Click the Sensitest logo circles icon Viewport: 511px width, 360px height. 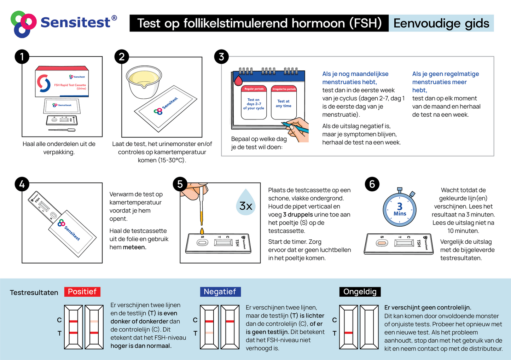coord(23,24)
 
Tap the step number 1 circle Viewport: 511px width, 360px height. coord(22,57)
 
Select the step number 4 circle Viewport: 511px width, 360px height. coord(22,184)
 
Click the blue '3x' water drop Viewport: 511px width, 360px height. coord(246,203)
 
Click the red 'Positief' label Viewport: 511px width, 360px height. coord(82,292)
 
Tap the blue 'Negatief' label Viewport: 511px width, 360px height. coord(220,292)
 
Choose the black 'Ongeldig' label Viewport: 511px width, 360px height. coord(360,292)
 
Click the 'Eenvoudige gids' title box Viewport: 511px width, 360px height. coord(441,23)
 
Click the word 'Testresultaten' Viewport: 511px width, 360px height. coord(34,292)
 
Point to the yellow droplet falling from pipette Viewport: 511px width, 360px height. coord(202,231)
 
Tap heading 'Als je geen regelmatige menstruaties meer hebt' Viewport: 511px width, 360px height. coord(445,82)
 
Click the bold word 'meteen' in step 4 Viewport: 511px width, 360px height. coord(135,247)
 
